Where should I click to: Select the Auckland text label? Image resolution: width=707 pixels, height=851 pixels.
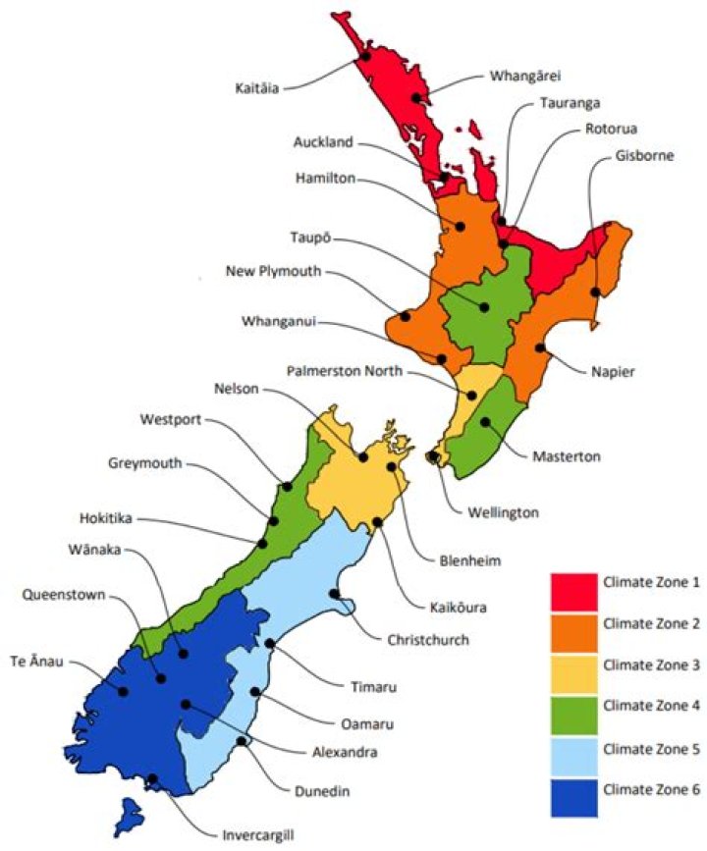(x=323, y=142)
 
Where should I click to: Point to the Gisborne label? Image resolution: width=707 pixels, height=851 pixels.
(x=644, y=156)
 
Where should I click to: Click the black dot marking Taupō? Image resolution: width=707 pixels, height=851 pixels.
(x=484, y=307)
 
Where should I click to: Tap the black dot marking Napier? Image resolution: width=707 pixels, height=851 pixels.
(x=539, y=348)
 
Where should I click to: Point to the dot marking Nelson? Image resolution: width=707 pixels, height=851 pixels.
(x=363, y=457)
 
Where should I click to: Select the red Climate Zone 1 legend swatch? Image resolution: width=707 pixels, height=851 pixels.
(x=572, y=589)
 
